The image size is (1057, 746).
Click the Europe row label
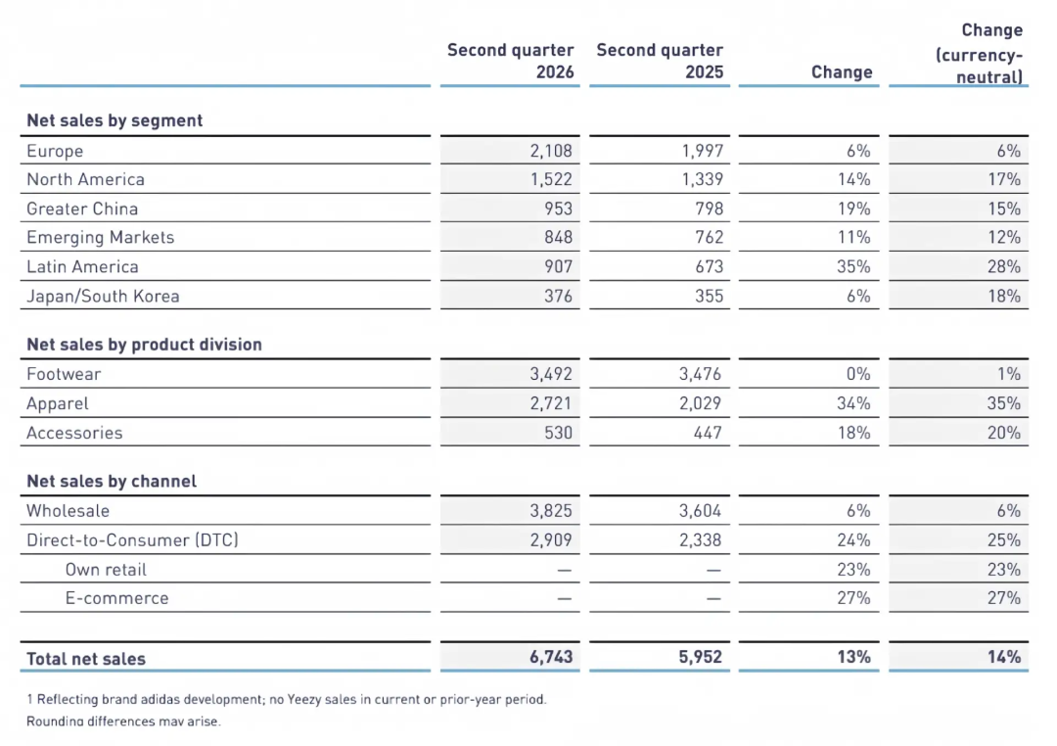pyautogui.click(x=55, y=151)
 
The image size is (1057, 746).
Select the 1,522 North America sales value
pyautogui.click(x=551, y=179)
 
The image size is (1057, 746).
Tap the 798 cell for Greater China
pyautogui.click(x=710, y=209)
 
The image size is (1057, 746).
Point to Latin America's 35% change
pyautogui.click(x=853, y=266)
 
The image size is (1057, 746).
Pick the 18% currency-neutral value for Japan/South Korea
pyautogui.click(x=1004, y=296)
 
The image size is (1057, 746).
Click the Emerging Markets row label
pyautogui.click(x=101, y=238)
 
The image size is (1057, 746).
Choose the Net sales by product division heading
pyautogui.click(x=144, y=345)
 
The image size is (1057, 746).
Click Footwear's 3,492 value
pyautogui.click(x=551, y=374)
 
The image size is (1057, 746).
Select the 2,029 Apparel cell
pyautogui.click(x=700, y=403)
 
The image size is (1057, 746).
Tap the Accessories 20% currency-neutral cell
pyautogui.click(x=1004, y=433)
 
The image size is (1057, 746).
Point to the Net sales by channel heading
pyautogui.click(x=112, y=481)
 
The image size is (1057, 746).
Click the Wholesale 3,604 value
pyautogui.click(x=700, y=511)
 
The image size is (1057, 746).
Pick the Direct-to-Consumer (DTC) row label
pyautogui.click(x=132, y=539)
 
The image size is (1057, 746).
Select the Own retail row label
pyautogui.click(x=106, y=569)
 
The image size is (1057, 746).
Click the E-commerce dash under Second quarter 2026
pyautogui.click(x=565, y=598)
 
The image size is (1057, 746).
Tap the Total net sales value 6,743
pyautogui.click(x=551, y=657)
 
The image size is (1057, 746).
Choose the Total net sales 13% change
pyautogui.click(x=854, y=657)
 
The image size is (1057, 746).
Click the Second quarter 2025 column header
pyautogui.click(x=660, y=61)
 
